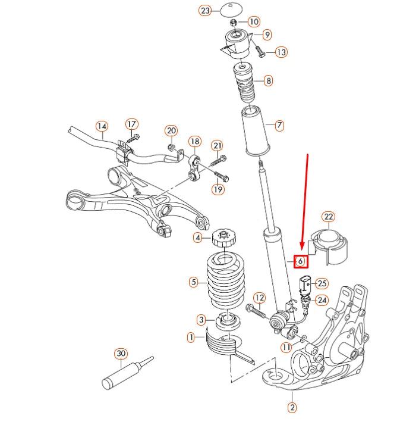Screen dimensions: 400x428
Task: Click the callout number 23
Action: click(205, 11)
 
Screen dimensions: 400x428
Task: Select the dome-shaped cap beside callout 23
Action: click(231, 10)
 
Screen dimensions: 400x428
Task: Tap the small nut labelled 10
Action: click(234, 23)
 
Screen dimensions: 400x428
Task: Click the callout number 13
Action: click(281, 52)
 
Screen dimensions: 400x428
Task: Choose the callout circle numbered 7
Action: click(279, 125)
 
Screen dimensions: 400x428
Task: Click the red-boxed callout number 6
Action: click(301, 261)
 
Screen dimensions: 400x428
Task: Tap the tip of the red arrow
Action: click(302, 249)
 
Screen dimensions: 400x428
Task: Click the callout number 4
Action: click(197, 238)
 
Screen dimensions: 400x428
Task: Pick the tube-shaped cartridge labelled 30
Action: click(127, 373)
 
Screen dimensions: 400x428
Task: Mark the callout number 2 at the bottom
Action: click(292, 407)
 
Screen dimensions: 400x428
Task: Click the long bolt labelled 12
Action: click(256, 311)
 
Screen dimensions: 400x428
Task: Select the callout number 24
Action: click(322, 301)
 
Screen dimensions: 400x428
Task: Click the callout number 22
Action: click(328, 217)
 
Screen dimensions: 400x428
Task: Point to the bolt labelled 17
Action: click(133, 138)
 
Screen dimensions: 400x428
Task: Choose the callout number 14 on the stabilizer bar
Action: click(102, 126)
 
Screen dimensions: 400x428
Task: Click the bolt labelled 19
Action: click(221, 176)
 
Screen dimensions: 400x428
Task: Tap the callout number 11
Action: click(286, 347)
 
